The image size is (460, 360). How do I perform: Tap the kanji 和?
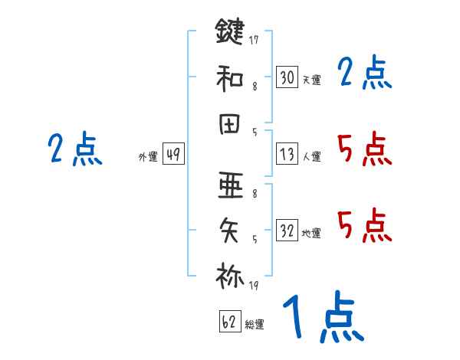pos(230,77)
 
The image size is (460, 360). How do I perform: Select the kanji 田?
pos(230,122)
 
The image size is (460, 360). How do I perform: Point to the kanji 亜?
pos(230,186)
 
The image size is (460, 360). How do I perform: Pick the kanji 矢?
pos(230,230)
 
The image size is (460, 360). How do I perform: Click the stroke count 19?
pos(253,286)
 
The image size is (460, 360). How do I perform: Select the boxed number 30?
pos(287,77)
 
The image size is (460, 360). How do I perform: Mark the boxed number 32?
pos(287,230)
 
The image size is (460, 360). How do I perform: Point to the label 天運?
pos(311,80)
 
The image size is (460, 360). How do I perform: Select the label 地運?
pos(311,233)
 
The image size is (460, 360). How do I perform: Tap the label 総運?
pos(255,324)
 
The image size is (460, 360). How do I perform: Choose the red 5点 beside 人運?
pos(364,148)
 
